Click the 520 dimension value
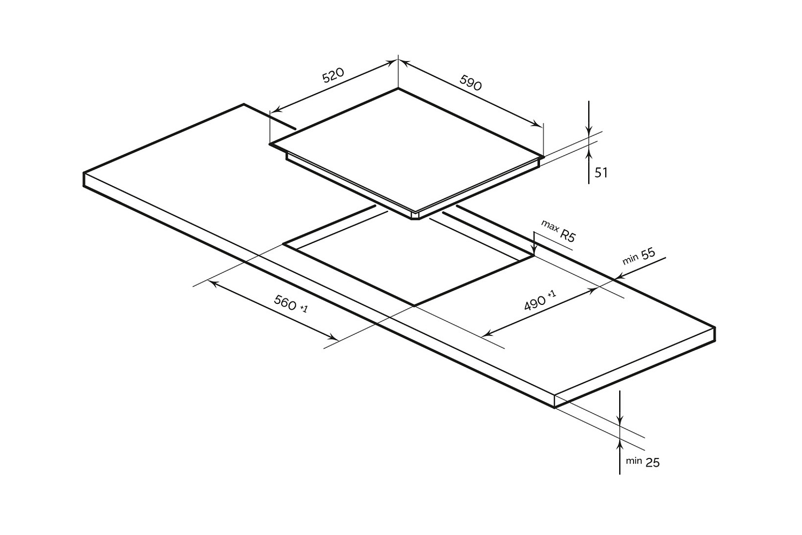tap(333, 75)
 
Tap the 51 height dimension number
tap(601, 173)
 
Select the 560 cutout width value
tap(285, 303)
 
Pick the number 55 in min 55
tap(648, 254)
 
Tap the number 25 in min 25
tap(652, 462)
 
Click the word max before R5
tap(550, 225)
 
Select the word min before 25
tap(634, 460)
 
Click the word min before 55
tap(630, 260)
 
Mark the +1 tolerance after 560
tap(304, 309)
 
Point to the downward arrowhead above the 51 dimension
tap(589, 131)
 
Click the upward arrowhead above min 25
tap(620, 444)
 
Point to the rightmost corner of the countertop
tap(715, 327)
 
